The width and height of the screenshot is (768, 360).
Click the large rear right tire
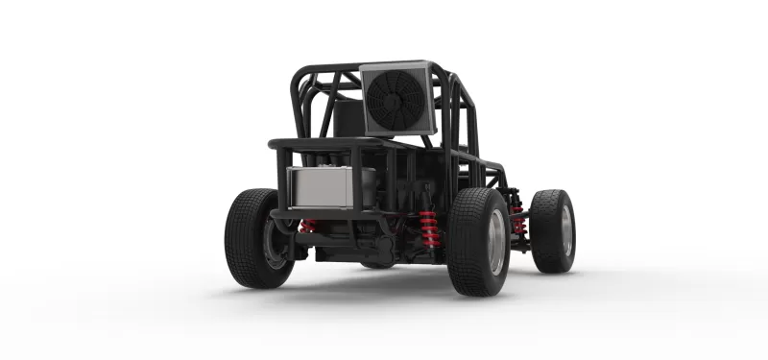tap(477, 241)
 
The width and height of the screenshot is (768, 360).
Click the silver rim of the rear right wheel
tap(495, 242)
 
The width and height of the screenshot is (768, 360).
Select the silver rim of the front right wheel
tap(565, 230)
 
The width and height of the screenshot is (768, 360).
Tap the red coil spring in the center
tap(429, 229)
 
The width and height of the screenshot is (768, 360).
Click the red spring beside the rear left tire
tap(307, 227)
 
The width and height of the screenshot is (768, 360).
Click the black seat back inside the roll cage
tap(348, 117)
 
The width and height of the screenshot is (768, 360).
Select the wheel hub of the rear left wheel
tap(276, 239)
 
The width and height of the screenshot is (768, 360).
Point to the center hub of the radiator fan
tap(394, 100)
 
